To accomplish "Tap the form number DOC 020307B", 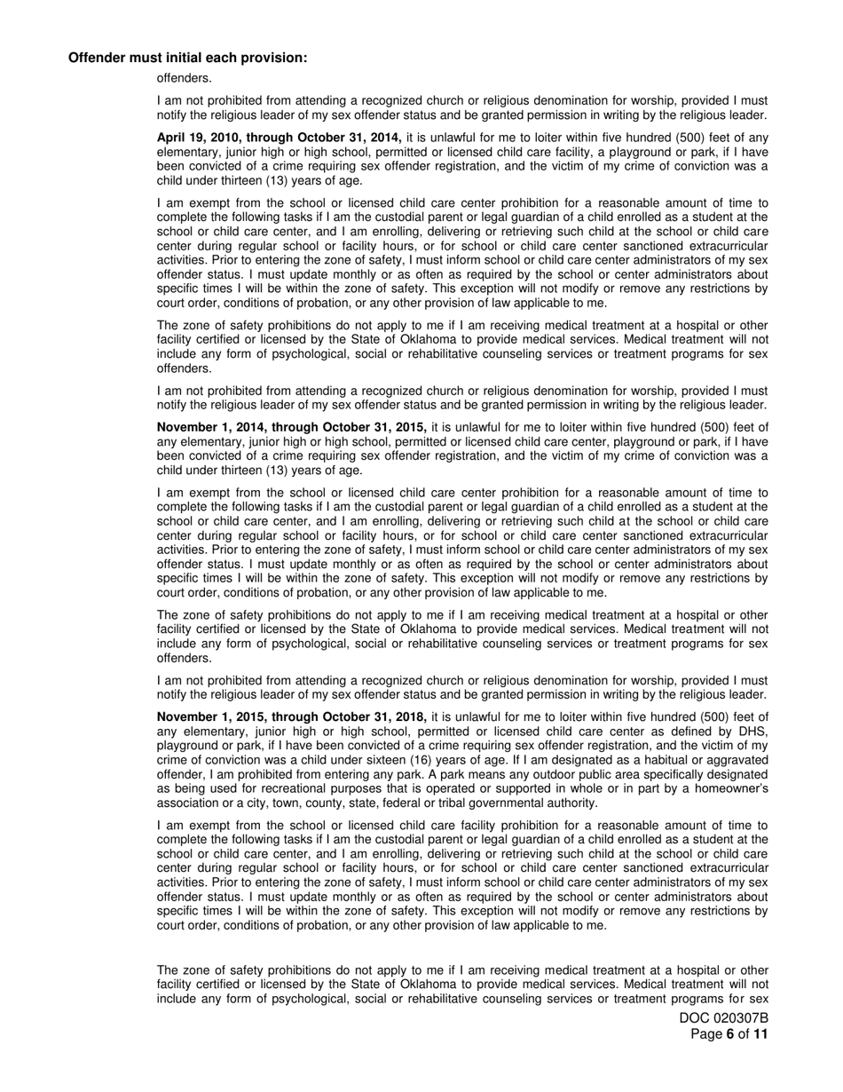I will click(x=724, y=1018).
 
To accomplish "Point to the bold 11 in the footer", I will click(x=760, y=1034).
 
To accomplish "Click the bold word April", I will click(x=173, y=138).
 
